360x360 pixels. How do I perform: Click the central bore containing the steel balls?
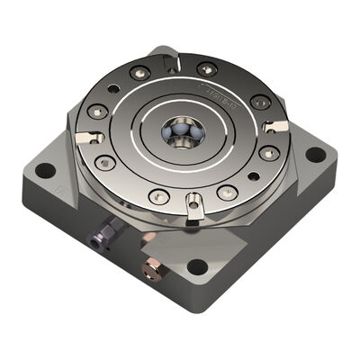[x=183, y=133]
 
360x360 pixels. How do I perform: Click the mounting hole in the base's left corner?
[x=46, y=168]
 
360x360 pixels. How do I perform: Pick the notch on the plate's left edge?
[x=85, y=137]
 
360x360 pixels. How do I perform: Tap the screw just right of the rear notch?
[x=207, y=68]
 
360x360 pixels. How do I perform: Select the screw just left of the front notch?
[x=159, y=195]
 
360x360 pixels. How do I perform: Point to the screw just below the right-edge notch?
[x=267, y=152]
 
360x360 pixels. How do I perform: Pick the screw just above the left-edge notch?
[x=97, y=112]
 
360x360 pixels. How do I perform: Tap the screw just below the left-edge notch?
[x=105, y=163]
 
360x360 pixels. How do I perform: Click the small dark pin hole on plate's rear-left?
[x=114, y=89]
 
